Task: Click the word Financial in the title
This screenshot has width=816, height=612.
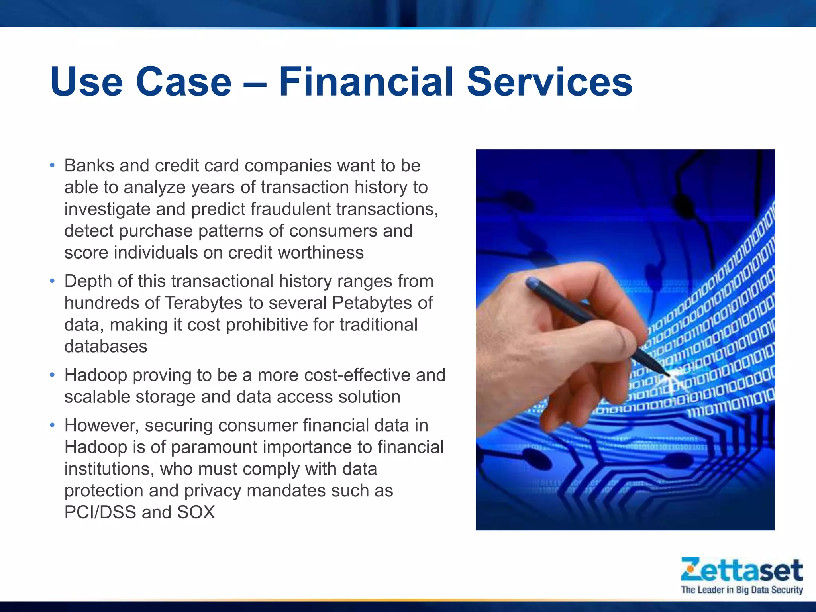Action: pos(366,82)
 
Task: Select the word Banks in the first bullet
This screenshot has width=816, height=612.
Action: pos(89,166)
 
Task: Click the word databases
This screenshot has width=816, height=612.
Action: pos(106,347)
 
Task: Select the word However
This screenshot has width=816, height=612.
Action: pos(102,426)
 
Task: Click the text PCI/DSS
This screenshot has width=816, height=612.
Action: pos(100,512)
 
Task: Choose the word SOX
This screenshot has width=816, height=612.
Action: pos(196,512)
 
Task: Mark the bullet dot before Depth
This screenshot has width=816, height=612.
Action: pos(52,281)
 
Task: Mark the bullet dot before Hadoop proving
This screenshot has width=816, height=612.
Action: pos(52,375)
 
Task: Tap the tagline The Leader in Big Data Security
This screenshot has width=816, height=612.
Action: pos(741,590)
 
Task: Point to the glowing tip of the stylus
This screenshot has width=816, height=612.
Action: pos(673,374)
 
